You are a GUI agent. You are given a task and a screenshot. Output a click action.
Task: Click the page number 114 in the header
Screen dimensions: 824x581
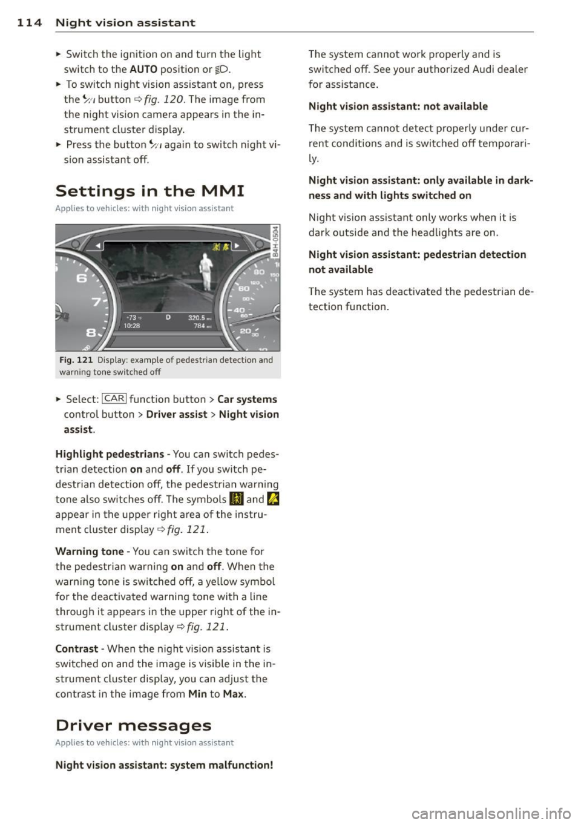(21, 23)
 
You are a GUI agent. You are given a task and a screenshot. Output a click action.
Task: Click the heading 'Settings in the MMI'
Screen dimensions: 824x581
(149, 191)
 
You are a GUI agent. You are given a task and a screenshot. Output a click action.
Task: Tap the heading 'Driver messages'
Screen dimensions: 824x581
(133, 725)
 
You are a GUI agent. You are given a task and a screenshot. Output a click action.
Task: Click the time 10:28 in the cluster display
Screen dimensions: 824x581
(133, 326)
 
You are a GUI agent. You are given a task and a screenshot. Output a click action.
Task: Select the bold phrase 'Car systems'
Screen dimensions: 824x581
(247, 400)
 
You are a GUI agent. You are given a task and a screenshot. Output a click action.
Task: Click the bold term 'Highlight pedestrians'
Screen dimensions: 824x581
(110, 454)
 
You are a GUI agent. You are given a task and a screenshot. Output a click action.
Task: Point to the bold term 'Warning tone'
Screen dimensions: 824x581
(90, 552)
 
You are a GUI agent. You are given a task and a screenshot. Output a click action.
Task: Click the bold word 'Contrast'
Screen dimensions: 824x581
(77, 649)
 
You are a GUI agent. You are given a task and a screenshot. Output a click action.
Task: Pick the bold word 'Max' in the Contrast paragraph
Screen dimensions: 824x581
(233, 694)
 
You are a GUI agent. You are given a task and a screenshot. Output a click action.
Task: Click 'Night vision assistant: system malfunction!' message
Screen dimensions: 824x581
(164, 765)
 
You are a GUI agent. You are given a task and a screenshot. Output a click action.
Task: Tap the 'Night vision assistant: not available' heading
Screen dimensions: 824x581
(398, 107)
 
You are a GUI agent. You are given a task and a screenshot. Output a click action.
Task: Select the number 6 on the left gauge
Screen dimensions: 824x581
(80, 279)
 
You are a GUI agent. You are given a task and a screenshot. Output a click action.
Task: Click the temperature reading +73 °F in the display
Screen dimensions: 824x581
(133, 317)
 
